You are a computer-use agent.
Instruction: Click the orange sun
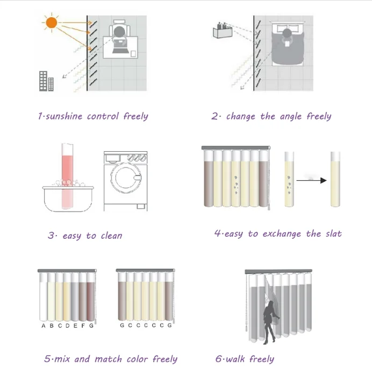coord(51,23)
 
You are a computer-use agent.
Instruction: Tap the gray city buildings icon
coord(46,81)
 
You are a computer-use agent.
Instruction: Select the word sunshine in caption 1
coord(64,116)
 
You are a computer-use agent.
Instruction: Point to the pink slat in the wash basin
coord(67,176)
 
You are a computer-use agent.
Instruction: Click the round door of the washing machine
coord(126,178)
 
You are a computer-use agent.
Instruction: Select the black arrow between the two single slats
coord(311,181)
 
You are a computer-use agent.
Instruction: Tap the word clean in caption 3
coord(112,236)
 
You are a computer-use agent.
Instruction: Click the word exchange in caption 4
coord(282,234)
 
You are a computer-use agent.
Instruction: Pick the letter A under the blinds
coord(44,325)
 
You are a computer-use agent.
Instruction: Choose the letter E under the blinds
coord(75,325)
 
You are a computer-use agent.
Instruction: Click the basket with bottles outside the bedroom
coord(223,30)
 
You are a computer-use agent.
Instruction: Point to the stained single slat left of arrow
coord(289,179)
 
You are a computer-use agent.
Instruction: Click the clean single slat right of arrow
coord(335,179)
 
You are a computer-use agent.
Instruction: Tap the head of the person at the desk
coord(119,32)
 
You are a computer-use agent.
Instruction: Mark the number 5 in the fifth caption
coord(47,359)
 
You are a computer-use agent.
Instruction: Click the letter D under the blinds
coord(68,325)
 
